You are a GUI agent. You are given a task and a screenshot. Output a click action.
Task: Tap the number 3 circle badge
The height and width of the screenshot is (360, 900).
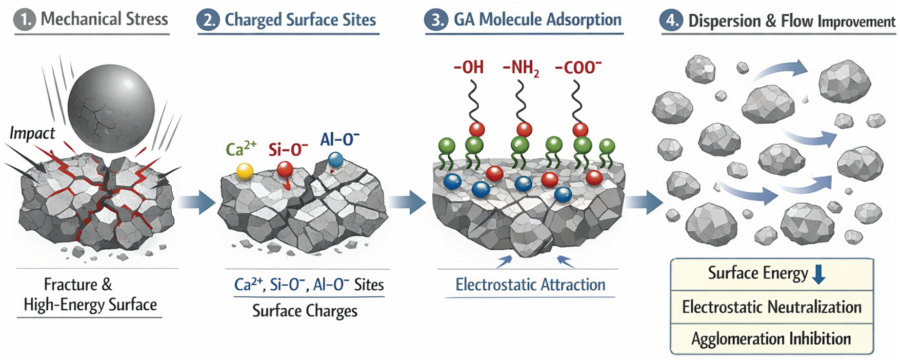point(436,20)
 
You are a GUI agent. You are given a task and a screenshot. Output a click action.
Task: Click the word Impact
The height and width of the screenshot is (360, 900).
point(32,133)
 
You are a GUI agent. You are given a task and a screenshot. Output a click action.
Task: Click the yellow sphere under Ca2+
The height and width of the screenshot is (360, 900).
point(244,171)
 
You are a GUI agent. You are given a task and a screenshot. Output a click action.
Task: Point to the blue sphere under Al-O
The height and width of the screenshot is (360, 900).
point(335,159)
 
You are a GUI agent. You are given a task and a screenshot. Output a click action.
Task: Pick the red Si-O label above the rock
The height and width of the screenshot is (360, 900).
point(288,149)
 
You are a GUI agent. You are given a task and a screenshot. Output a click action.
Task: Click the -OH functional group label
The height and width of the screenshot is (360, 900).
point(469,68)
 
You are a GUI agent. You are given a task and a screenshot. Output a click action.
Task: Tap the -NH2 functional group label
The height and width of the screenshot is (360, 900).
point(521,68)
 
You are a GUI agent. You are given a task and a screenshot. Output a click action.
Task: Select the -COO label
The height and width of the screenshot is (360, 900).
point(578,68)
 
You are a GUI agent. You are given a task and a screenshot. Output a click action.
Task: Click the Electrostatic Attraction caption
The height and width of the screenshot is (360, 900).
point(530,285)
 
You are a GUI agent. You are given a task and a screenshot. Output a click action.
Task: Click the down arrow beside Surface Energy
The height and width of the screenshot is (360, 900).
point(819,274)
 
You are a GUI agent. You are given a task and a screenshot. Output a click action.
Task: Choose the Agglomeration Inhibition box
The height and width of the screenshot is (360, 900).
point(771,339)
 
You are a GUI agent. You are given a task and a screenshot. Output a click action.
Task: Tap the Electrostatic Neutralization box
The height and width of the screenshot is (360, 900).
point(771,307)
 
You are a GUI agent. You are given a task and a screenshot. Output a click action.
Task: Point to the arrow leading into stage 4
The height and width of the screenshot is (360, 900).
point(645,202)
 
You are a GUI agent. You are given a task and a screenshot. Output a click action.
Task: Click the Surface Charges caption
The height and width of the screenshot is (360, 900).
point(305,311)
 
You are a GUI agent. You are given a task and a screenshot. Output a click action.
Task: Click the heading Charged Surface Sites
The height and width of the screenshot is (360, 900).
point(300,20)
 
